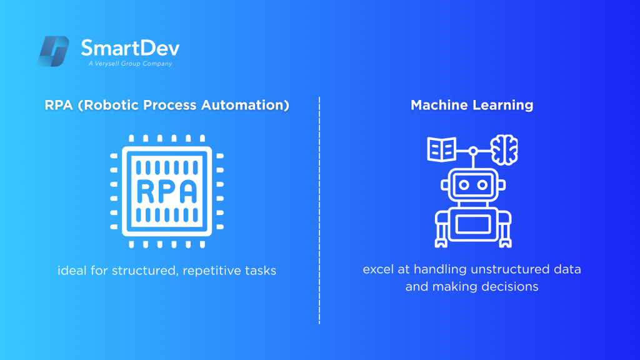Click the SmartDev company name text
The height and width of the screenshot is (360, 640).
coord(130,48)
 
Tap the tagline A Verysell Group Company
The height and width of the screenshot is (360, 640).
coord(129,64)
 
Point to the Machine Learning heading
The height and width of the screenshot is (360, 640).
coord(472,105)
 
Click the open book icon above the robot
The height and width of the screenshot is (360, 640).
coord(441,149)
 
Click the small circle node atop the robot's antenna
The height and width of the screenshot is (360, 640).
coord(473,151)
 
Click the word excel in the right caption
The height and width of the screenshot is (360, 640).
coord(377,270)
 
